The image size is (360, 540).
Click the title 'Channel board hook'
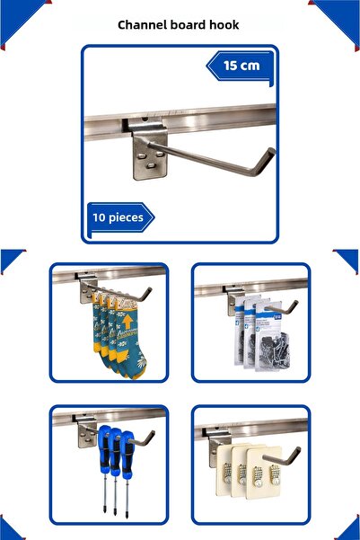(179, 25)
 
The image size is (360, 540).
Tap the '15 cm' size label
(241, 66)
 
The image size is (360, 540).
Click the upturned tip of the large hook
(271, 152)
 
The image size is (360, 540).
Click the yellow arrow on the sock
(127, 322)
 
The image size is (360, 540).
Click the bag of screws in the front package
(275, 350)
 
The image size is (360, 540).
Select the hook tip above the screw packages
(294, 304)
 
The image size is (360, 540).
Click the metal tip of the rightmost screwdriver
(127, 512)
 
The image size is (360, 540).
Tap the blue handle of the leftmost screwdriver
(103, 447)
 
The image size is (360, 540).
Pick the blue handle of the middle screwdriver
(116, 451)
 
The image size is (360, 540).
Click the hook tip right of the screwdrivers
(151, 435)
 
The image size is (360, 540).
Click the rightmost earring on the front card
(275, 475)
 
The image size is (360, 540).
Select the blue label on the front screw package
(277, 316)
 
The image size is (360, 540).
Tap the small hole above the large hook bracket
(145, 120)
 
